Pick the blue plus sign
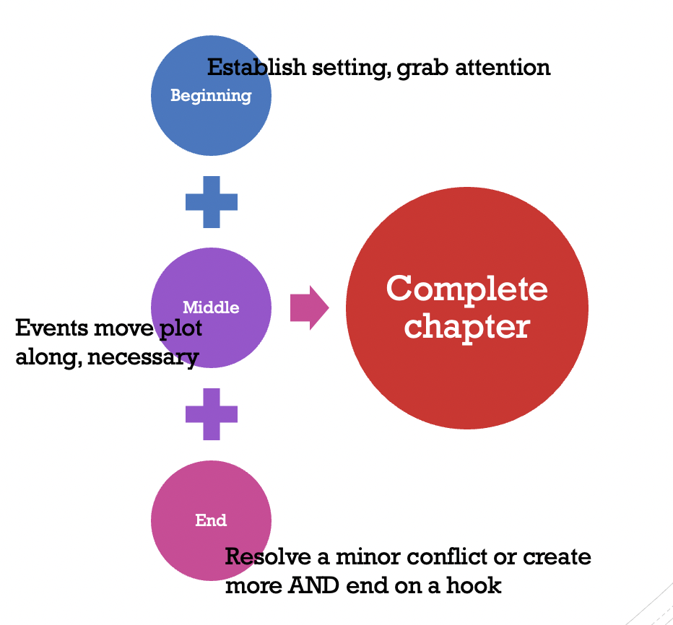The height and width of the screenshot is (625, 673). click(x=211, y=201)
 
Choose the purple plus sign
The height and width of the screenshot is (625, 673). click(x=211, y=414)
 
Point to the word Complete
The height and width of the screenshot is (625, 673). click(x=466, y=289)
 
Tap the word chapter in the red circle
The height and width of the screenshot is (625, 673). click(x=466, y=325)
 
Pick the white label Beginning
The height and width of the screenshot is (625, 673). click(x=211, y=95)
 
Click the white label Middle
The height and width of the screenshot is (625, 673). click(x=211, y=307)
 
